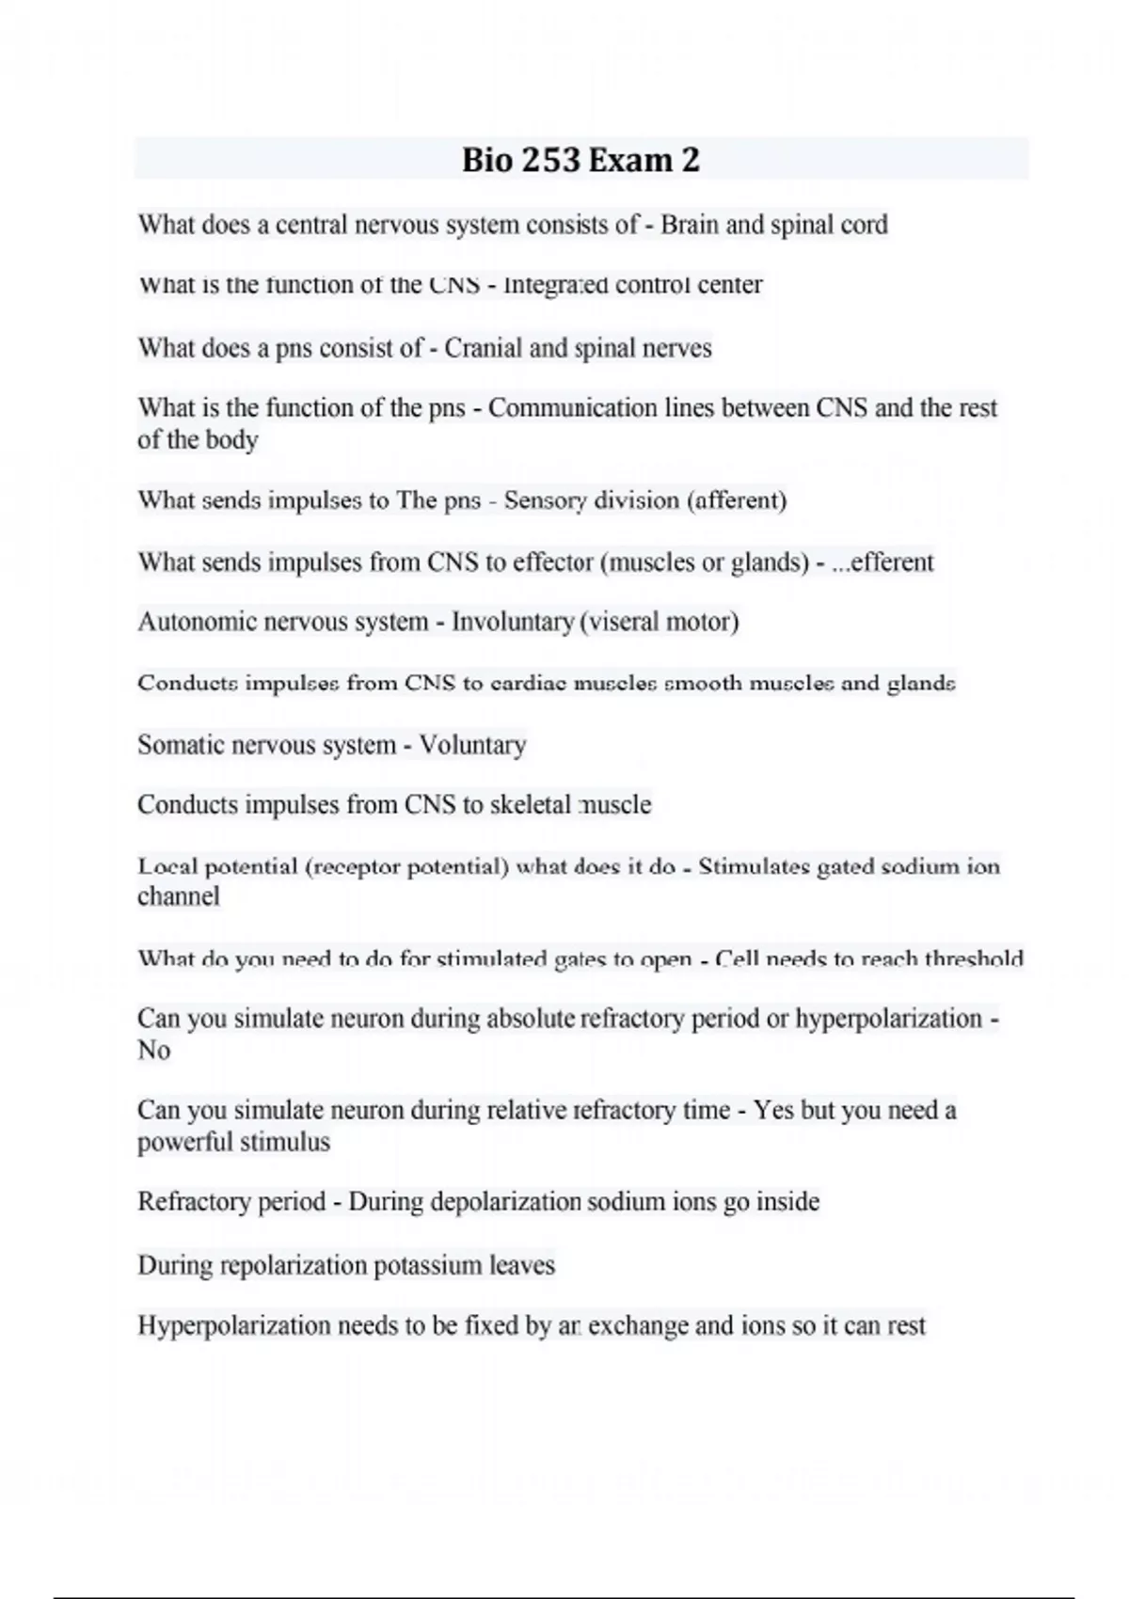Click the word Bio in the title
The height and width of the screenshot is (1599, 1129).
point(486,160)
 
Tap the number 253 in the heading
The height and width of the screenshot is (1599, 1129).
point(550,160)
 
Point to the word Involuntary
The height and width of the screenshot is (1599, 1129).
point(513,622)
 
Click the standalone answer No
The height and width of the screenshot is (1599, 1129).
point(153,1050)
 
